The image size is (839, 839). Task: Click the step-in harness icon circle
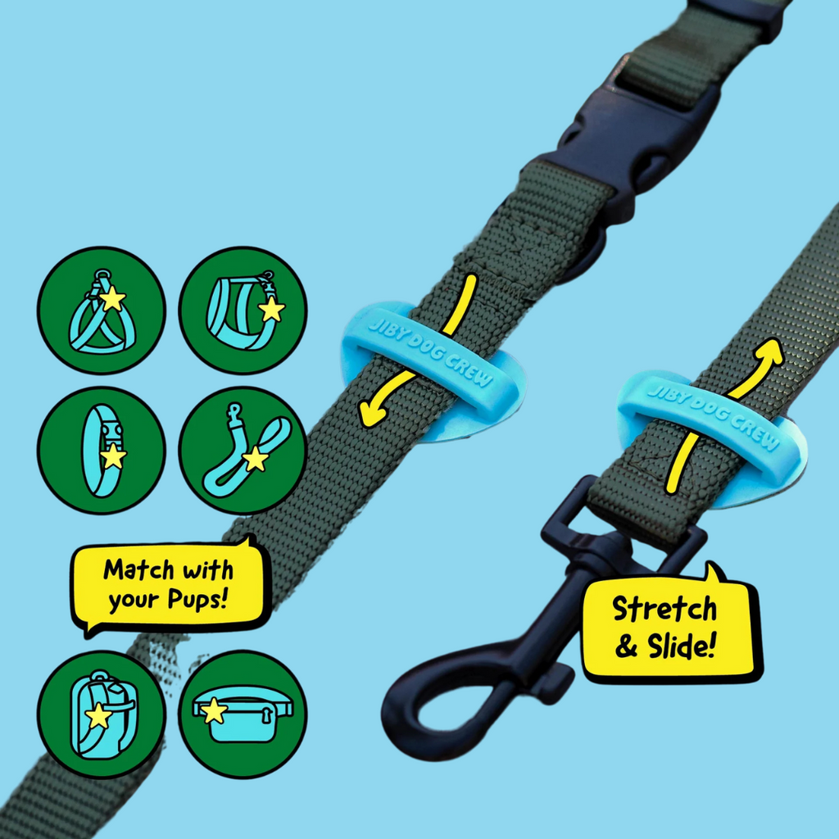tap(102, 311)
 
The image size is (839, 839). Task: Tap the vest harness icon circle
tap(243, 311)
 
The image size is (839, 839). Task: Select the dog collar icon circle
tap(102, 451)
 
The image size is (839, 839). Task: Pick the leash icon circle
tap(243, 451)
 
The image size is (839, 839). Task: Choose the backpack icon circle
tap(102, 714)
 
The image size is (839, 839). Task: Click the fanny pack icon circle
tap(243, 714)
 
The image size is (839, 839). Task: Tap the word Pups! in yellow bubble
tap(198, 600)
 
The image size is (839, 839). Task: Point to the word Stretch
tap(664, 609)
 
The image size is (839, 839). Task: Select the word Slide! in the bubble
tap(682, 646)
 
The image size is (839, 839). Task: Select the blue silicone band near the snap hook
tap(712, 428)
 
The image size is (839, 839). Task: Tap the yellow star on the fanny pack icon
tap(214, 710)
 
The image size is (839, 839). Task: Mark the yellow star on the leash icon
tap(256, 459)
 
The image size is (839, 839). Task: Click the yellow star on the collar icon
tap(113, 456)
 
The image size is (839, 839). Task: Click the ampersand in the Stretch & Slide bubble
tap(626, 647)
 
